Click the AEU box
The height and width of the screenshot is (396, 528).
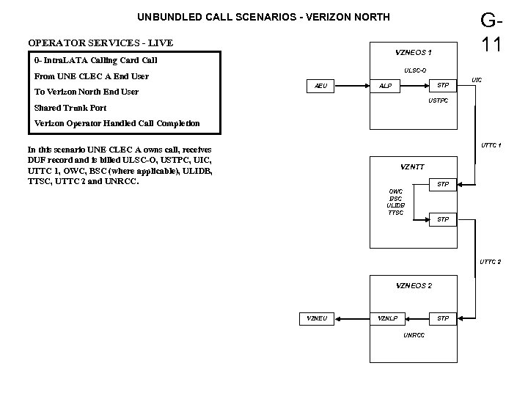tap(320, 86)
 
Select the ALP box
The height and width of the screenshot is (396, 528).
tap(385, 86)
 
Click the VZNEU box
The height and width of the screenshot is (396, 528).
tap(317, 318)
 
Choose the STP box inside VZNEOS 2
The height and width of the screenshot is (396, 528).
tap(442, 318)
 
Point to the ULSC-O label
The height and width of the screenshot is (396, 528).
tap(414, 71)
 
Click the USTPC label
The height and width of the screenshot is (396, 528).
tap(438, 100)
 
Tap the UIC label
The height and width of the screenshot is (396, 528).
tap(477, 78)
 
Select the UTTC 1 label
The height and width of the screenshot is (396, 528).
tap(491, 144)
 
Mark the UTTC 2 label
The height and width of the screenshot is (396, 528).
tap(491, 262)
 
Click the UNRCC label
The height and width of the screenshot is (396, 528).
tap(414, 335)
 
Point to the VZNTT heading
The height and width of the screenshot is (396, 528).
tap(413, 166)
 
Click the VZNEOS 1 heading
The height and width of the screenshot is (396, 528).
tap(414, 53)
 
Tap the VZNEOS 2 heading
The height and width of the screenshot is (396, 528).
tap(414, 285)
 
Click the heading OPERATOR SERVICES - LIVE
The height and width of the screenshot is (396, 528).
tap(100, 43)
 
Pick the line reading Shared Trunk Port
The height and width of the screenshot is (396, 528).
tap(70, 108)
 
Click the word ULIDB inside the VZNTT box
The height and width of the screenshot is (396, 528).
tap(395, 205)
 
